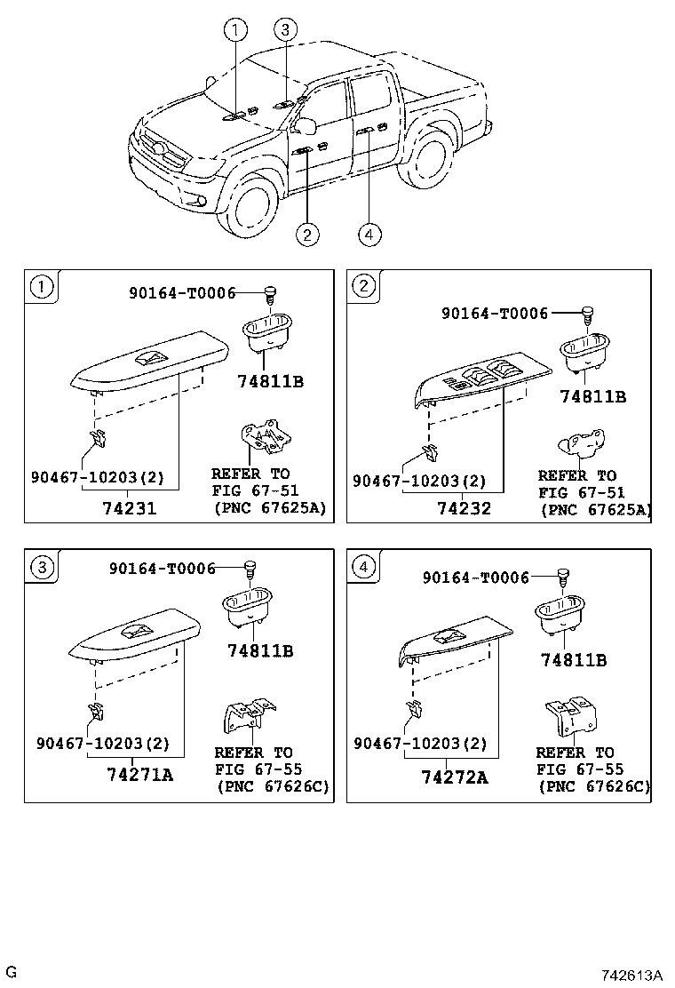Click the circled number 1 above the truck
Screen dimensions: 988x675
point(235,31)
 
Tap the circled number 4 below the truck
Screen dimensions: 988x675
point(369,234)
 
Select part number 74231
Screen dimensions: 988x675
point(130,509)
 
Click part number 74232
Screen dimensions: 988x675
point(464,509)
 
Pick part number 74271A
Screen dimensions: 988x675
point(139,774)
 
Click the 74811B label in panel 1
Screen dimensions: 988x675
point(271,382)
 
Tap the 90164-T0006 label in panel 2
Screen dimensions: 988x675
point(495,312)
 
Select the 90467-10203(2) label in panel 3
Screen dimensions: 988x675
point(102,743)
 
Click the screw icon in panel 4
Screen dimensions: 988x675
point(562,577)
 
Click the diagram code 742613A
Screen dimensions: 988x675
point(632,975)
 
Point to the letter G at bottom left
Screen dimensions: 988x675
point(11,970)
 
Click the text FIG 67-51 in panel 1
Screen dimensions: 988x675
point(255,490)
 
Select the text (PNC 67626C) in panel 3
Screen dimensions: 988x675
point(272,786)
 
